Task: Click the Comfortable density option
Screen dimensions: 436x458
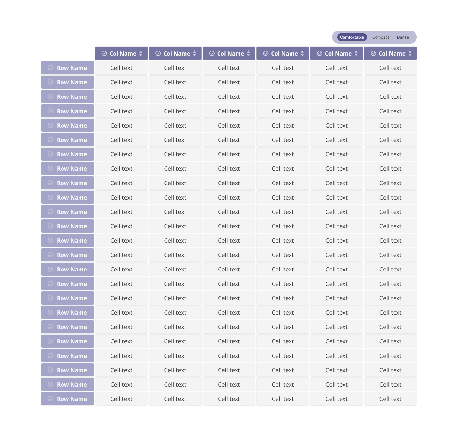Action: (352, 37)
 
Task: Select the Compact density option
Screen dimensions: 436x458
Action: (380, 37)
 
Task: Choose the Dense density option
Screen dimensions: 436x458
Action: (403, 37)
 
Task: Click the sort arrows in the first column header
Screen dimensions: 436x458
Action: (141, 53)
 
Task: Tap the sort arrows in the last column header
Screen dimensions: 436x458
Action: (410, 53)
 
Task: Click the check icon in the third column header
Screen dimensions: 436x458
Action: (212, 53)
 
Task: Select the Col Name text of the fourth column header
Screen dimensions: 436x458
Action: (284, 54)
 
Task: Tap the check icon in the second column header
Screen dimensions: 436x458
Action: (158, 53)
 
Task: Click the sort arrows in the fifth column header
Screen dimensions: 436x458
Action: (356, 53)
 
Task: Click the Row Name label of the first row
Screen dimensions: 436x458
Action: (72, 68)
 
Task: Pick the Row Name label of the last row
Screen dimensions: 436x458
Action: (72, 399)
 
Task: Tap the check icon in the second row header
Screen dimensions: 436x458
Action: (50, 82)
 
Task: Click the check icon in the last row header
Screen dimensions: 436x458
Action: (50, 399)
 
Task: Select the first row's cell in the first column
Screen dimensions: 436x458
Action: (121, 68)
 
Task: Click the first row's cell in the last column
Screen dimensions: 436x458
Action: (390, 68)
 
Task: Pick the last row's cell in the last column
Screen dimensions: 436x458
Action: (390, 399)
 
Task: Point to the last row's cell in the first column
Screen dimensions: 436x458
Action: (121, 399)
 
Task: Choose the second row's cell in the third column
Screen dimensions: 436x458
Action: (229, 82)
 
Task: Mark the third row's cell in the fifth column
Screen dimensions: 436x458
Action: (337, 97)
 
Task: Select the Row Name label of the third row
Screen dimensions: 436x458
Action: (72, 97)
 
